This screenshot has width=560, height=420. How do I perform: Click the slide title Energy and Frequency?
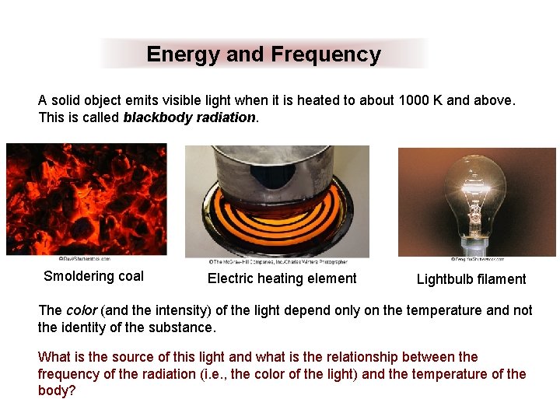point(263,54)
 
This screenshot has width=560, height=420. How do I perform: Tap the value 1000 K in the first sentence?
point(420,101)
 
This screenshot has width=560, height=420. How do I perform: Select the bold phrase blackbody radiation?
point(189,118)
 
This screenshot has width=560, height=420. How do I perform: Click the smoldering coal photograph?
point(86,198)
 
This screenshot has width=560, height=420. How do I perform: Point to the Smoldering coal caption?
point(93,276)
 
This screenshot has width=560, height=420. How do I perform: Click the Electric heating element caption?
point(282,278)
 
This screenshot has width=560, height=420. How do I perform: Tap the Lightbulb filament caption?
point(471,279)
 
